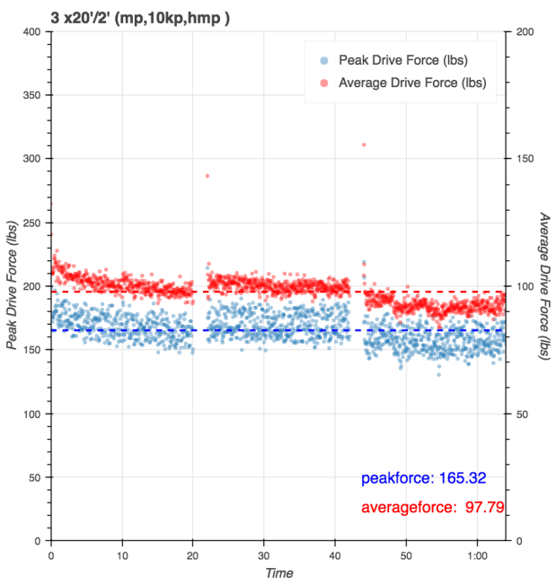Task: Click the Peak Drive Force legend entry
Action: (402, 61)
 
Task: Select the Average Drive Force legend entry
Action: (411, 83)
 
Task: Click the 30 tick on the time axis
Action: (264, 555)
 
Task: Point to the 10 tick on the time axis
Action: (122, 555)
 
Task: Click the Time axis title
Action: (278, 573)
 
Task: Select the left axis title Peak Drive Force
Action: (12, 286)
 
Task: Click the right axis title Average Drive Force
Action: (544, 286)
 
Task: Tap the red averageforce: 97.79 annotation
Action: (432, 508)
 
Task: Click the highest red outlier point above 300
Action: (364, 144)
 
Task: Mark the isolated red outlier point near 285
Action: (207, 176)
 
